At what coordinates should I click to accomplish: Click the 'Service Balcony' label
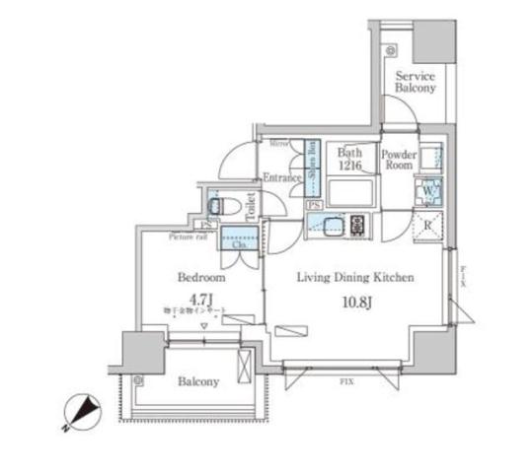coord(415,81)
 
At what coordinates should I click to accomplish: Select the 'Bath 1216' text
coord(348,160)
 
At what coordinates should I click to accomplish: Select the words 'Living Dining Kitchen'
coord(357,278)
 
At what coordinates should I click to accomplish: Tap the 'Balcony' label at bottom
coord(198,381)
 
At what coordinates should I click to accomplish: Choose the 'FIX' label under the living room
coord(347,379)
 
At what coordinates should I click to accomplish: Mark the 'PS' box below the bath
coord(314,205)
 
